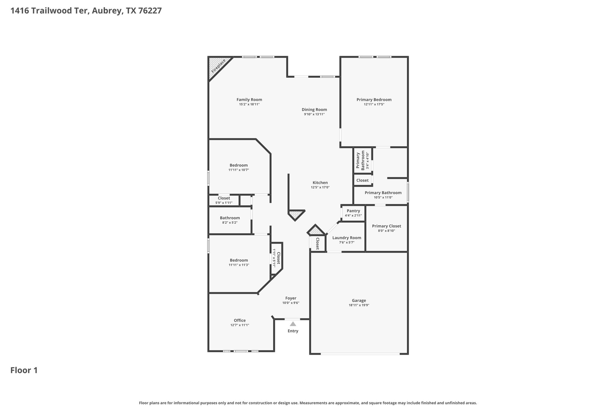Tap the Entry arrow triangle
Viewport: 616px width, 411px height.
pyautogui.click(x=293, y=324)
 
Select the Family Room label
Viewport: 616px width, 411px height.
pyautogui.click(x=249, y=100)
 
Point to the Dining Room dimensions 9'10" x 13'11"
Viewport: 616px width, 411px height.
pyautogui.click(x=314, y=114)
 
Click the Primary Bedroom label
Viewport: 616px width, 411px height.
pyautogui.click(x=374, y=100)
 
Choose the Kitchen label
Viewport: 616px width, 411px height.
pyautogui.click(x=320, y=182)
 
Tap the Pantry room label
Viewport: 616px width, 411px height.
pyautogui.click(x=353, y=211)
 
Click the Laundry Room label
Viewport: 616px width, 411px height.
pyautogui.click(x=347, y=238)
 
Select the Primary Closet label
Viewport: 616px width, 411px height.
pyautogui.click(x=387, y=226)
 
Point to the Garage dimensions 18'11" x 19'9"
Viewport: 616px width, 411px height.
pyautogui.click(x=359, y=305)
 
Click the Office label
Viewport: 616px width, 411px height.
pyautogui.click(x=240, y=320)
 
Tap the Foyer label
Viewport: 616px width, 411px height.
pyautogui.click(x=291, y=298)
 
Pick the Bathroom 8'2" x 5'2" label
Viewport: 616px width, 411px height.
pyautogui.click(x=230, y=220)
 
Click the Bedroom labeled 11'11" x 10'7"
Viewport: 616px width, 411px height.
pyautogui.click(x=239, y=167)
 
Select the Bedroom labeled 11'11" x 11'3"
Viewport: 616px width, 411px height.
pyautogui.click(x=239, y=262)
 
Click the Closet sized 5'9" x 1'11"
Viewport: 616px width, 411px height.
pyautogui.click(x=224, y=200)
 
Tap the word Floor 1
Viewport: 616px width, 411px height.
pyautogui.click(x=24, y=370)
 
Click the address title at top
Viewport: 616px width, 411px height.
pyautogui.click(x=86, y=11)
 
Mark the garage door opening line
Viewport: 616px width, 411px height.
pyautogui.click(x=360, y=354)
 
